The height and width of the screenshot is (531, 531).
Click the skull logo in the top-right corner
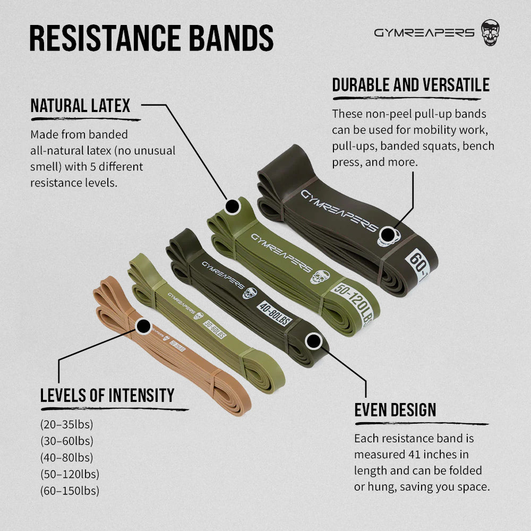coord(490,32)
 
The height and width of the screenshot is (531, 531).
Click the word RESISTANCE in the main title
coord(105,38)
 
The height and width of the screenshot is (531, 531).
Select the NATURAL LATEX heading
coord(80,106)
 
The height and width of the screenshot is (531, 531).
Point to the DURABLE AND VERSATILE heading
coord(411,84)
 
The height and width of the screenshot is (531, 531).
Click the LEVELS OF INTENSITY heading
coord(107,395)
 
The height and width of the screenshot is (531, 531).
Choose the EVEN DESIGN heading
coord(395,410)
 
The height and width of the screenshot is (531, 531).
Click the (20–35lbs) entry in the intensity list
coord(67,424)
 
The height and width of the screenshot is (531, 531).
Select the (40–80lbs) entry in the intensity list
coord(67,458)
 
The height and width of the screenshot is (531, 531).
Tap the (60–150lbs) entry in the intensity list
coord(70,491)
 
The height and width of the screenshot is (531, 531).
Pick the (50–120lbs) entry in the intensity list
coord(70,474)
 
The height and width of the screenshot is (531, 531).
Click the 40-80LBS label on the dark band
coord(275,313)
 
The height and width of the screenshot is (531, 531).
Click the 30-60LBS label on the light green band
coord(215,329)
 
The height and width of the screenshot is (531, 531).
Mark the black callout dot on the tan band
coord(143,327)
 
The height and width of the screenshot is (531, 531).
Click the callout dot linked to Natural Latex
coord(233,207)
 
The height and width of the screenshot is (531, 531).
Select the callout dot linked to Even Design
coord(313,341)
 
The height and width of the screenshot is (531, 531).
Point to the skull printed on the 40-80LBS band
coord(250,293)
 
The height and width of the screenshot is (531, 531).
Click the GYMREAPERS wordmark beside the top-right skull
coord(424,32)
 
